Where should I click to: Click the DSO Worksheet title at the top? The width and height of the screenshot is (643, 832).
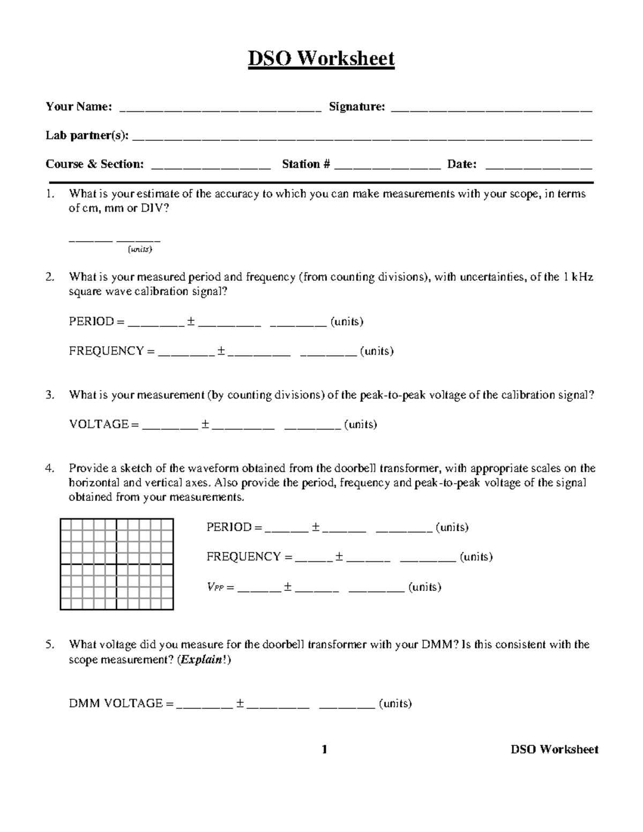321,58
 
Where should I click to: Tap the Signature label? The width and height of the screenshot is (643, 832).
356,107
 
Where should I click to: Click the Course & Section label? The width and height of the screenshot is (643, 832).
94,164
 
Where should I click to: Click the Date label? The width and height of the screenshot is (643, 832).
462,164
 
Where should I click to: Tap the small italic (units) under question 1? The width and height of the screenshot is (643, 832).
139,250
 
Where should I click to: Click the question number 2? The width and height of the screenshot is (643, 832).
49,277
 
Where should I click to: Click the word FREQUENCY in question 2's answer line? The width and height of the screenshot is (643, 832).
106,351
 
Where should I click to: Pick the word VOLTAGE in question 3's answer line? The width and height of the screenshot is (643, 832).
99,425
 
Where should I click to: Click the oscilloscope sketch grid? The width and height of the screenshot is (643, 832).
117,564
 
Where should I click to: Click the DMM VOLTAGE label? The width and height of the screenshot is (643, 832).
115,703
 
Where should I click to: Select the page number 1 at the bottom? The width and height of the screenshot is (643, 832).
324,749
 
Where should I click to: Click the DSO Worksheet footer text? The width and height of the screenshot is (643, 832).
554,749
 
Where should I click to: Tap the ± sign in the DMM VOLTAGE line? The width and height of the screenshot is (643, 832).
240,703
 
